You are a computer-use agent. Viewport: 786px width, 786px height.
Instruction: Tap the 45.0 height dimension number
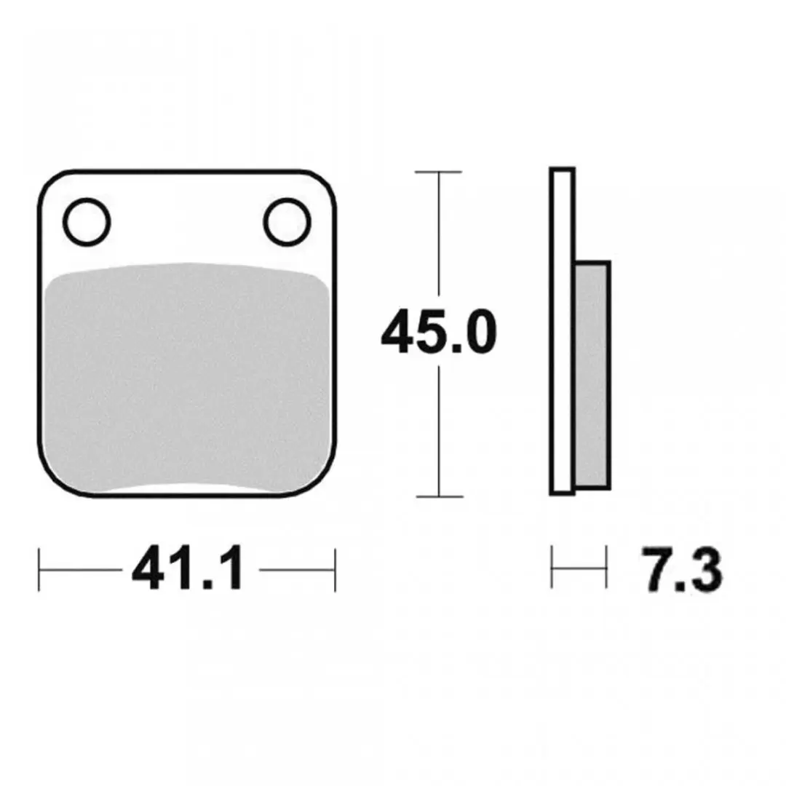(439, 331)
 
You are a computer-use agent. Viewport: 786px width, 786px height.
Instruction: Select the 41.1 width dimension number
(188, 569)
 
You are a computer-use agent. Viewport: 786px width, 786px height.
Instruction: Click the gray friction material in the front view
(186, 376)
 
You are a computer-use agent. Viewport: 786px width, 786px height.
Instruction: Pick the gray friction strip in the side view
(592, 375)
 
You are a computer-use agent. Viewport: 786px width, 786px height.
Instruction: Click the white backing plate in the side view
(562, 331)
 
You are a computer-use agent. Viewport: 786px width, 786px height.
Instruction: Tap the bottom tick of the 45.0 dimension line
(439, 496)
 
